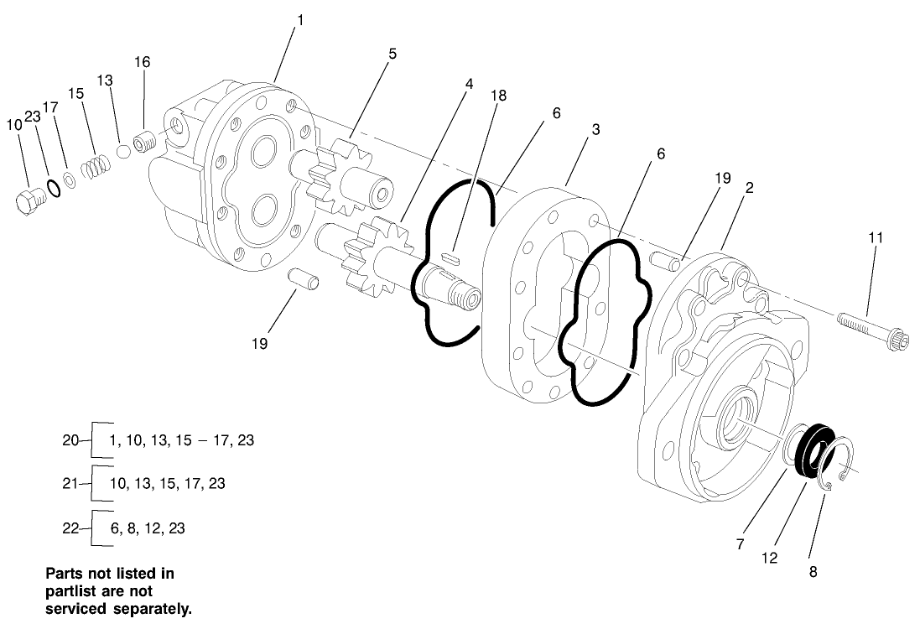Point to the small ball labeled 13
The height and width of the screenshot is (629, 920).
coord(122,151)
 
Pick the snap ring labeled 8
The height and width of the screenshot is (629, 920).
coord(839,466)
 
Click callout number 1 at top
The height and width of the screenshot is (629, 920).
coord(300,18)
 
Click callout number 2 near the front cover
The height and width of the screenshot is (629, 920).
coord(748,188)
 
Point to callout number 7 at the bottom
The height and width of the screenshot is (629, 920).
coord(741,544)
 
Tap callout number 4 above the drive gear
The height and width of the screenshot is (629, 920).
coord(469,84)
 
